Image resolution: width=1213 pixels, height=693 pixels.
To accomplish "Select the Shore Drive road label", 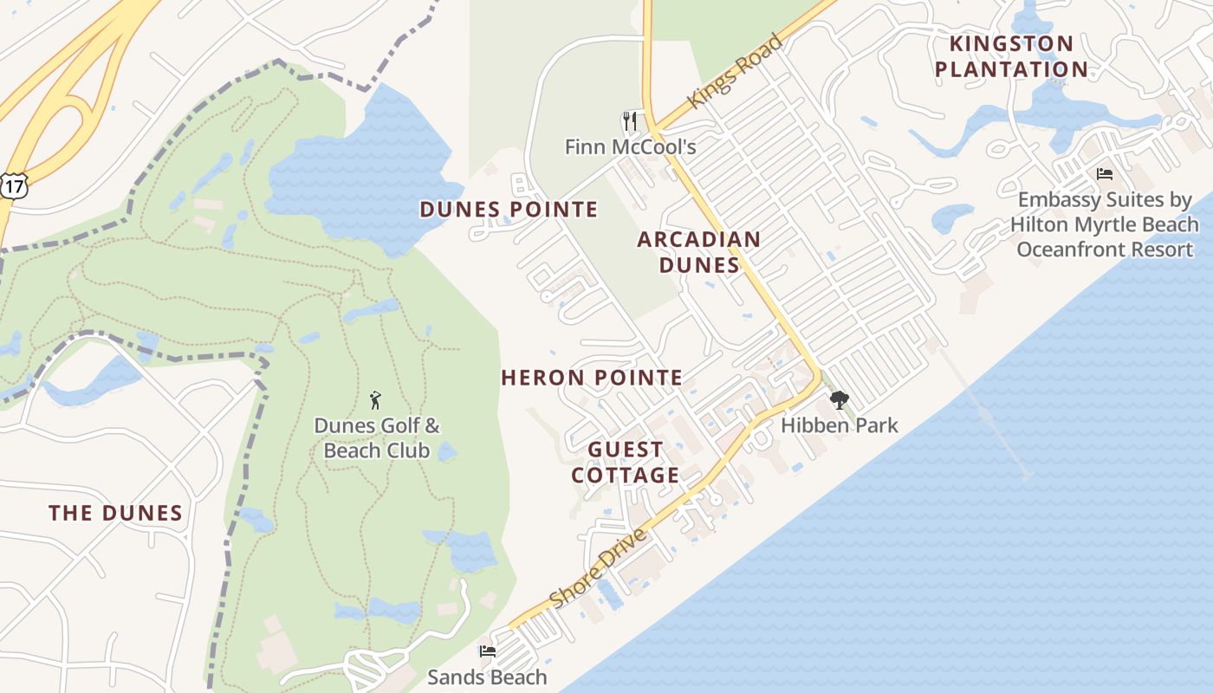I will [x=598, y=568].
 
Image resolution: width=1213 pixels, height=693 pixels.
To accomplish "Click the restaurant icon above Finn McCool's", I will [x=630, y=120].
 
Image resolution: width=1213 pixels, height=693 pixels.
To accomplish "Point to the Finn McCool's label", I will [x=630, y=147].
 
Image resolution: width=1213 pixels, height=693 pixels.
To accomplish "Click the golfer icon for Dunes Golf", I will [x=375, y=400].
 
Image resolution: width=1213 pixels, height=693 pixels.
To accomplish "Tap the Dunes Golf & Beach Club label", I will [x=377, y=438].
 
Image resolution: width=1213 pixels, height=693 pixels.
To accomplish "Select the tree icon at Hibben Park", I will [x=839, y=399].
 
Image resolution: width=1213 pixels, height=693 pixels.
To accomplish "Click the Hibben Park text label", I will [x=839, y=425].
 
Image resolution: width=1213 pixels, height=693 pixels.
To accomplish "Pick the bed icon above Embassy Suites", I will [x=1104, y=174].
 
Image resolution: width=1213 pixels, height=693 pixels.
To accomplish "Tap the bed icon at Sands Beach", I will [x=488, y=651].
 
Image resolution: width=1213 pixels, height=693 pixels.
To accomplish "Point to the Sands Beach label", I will [x=488, y=677].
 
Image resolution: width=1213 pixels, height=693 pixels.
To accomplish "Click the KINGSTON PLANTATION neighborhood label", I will [x=1011, y=56].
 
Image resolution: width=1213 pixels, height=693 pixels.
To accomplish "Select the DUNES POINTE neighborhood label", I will [x=509, y=210].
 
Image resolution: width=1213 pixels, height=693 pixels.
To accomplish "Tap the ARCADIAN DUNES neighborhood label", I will [x=699, y=252].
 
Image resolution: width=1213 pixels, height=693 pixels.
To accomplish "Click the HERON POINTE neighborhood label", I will [x=592, y=378].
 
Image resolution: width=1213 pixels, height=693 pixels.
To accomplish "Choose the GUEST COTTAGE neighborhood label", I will [x=626, y=463].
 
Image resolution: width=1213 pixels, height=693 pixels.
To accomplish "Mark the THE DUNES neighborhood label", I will [x=116, y=513].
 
